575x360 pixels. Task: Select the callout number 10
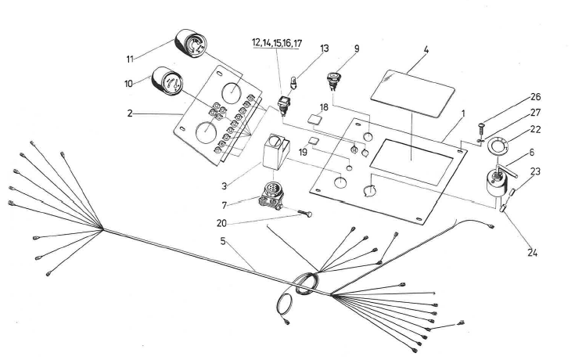tap(129, 82)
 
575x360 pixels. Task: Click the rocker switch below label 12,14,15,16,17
tap(286, 101)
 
